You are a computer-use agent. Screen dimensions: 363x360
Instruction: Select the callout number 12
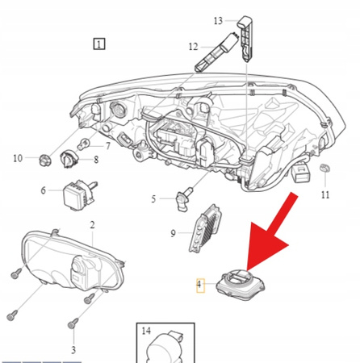pyautogui.click(x=194, y=47)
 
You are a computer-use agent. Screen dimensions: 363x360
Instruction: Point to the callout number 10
pyautogui.click(x=18, y=158)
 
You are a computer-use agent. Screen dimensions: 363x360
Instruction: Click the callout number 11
pyautogui.click(x=324, y=195)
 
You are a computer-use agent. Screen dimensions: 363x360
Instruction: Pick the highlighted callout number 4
pyautogui.click(x=201, y=285)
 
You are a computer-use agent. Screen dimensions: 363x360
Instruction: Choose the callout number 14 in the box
pyautogui.click(x=146, y=331)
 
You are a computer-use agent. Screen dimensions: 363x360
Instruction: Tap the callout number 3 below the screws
pyautogui.click(x=73, y=349)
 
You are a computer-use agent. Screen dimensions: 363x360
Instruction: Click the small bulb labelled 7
pyautogui.click(x=84, y=146)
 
